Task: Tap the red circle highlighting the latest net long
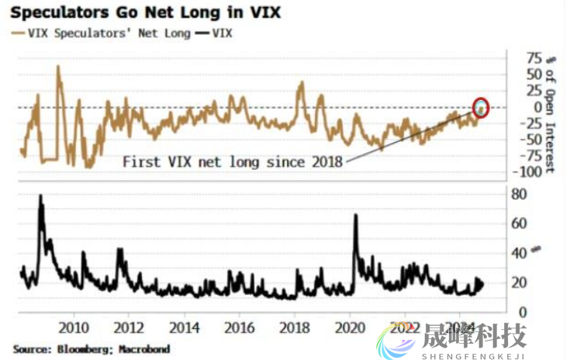click(482, 108)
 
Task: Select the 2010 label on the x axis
click(74, 327)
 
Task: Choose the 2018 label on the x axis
click(295, 327)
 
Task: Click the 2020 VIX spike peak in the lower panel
click(356, 215)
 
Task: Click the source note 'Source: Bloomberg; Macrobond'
click(91, 349)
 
